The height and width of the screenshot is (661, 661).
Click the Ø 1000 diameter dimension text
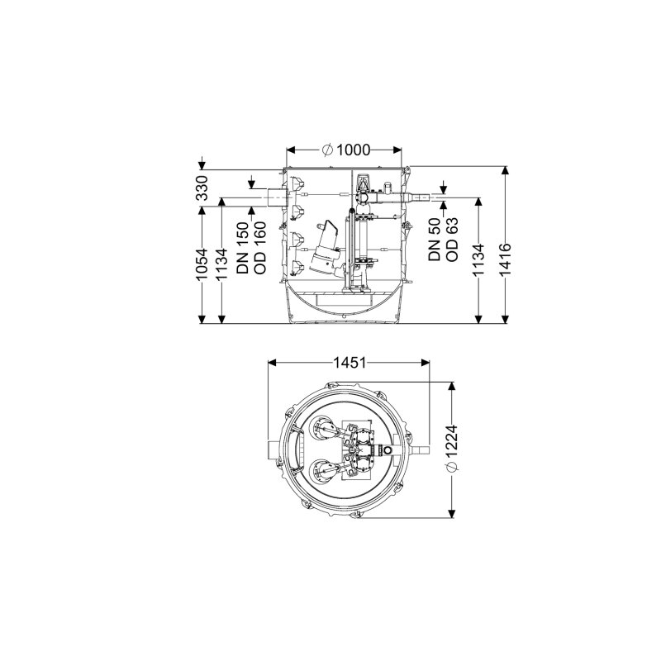pos(345,150)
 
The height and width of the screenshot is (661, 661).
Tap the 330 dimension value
pos(202,188)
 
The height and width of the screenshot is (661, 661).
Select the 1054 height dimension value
pos(202,264)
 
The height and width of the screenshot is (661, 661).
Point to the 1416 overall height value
pos(506,259)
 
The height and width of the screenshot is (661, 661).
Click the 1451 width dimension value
pos(350,363)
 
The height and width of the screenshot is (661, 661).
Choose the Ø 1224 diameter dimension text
pos(451,449)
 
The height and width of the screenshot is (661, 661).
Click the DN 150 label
pos(243,248)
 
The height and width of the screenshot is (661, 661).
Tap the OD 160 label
pos(260,248)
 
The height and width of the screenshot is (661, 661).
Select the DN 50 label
pos(435,240)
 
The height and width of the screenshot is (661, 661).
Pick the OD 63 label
pos(451,240)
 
